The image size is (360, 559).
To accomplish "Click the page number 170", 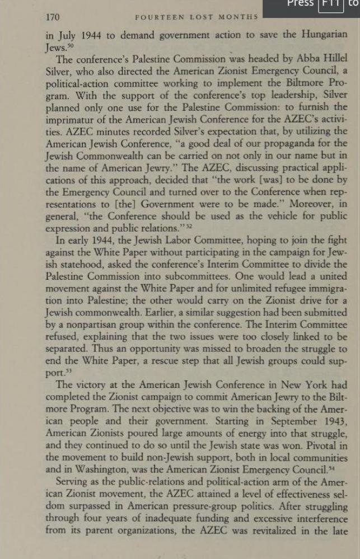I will pos(53,17).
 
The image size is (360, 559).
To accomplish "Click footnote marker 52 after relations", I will pos(189,226).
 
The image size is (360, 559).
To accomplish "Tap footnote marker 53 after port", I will pos(71,371).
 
